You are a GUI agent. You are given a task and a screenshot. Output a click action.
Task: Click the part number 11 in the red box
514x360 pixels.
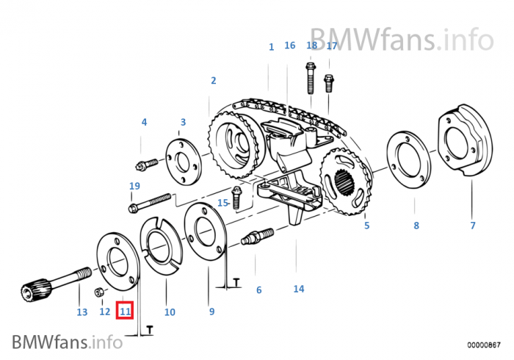click(126, 312)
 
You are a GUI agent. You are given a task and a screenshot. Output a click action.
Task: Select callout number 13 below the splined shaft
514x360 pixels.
click(82, 312)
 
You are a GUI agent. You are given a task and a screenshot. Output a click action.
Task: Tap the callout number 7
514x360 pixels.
click(473, 226)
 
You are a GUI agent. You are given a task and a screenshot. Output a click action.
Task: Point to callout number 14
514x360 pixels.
click(298, 289)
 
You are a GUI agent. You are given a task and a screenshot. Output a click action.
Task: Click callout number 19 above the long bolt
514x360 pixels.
click(134, 186)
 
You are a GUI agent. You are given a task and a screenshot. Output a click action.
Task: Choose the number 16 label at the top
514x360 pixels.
click(289, 46)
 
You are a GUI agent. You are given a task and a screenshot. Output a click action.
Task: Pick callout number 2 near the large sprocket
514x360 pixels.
click(214, 81)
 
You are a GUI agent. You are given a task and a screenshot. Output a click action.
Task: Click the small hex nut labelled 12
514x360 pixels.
click(99, 293)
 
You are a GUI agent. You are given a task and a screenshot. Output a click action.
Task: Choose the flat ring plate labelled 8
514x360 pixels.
click(408, 166)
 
